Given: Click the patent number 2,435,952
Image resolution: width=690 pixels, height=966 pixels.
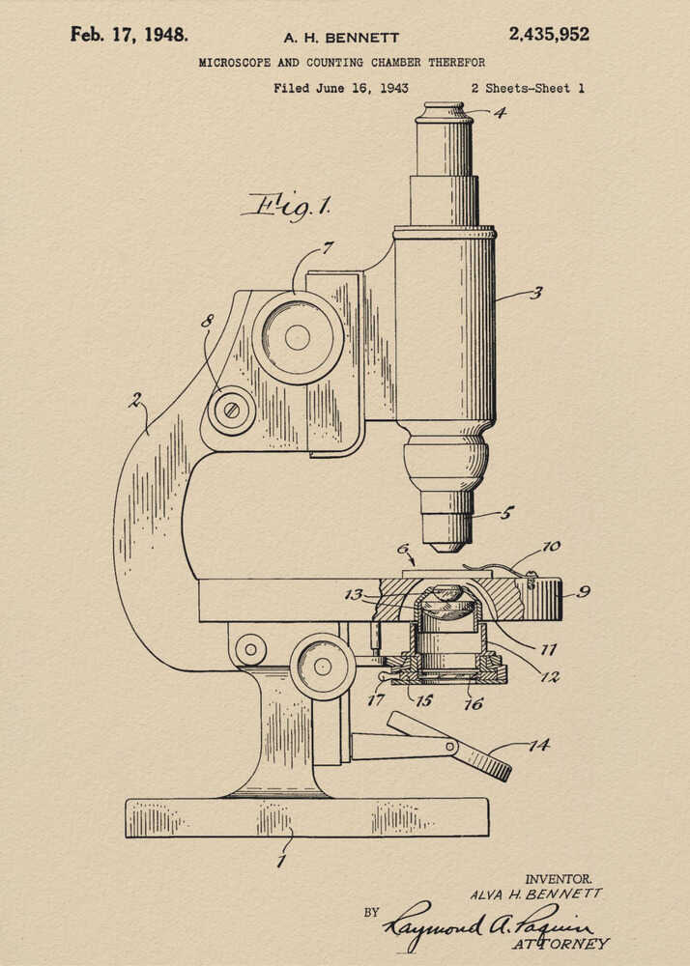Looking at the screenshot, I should pos(548,35).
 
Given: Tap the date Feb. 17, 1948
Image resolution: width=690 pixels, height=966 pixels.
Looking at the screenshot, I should pos(129,35).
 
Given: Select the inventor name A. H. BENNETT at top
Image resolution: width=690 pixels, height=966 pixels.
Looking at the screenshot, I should pos(341,38).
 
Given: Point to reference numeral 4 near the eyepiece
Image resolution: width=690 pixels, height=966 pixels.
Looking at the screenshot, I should pos(499,112).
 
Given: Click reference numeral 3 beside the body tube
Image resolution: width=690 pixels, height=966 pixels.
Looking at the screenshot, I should pos(534,293).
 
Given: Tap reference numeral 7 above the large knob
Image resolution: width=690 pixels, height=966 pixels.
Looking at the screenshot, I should pos(328,247).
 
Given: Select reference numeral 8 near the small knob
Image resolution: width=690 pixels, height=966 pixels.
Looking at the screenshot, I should pos(206,321).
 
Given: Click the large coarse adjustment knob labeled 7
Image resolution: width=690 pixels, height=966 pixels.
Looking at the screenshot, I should pos(298,337).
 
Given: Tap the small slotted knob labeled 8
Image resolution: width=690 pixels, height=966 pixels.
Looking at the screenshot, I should pos(231,410).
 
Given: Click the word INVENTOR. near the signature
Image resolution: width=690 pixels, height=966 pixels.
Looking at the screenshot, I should pos(558,879).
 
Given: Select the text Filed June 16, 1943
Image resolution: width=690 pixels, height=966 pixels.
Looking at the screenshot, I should pos(340,88).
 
